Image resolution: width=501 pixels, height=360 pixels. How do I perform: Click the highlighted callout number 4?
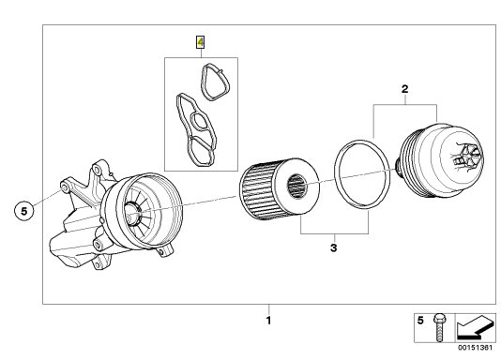[201, 42]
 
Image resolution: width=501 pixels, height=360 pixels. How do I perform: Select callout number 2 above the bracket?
[404, 89]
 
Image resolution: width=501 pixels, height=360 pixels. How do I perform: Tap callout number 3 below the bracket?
[334, 247]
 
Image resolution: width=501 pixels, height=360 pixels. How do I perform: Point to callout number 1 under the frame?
[268, 320]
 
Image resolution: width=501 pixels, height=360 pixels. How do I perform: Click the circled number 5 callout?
[24, 211]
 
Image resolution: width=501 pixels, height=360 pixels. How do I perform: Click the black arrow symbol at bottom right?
[475, 327]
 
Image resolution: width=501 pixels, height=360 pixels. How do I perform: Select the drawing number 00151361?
[476, 348]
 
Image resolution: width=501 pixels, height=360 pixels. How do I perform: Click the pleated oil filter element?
[279, 189]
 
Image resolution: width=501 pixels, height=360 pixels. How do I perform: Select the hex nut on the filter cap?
[470, 157]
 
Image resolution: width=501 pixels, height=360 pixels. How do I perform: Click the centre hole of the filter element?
[297, 186]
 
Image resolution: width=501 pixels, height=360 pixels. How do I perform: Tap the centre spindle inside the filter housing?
[132, 213]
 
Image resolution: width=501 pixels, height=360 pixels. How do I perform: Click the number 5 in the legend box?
[420, 320]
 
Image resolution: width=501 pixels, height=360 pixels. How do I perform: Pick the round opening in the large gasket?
[201, 122]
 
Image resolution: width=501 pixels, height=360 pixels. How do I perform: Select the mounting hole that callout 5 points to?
[64, 187]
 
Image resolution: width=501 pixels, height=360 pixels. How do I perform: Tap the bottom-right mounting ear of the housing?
[165, 250]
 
